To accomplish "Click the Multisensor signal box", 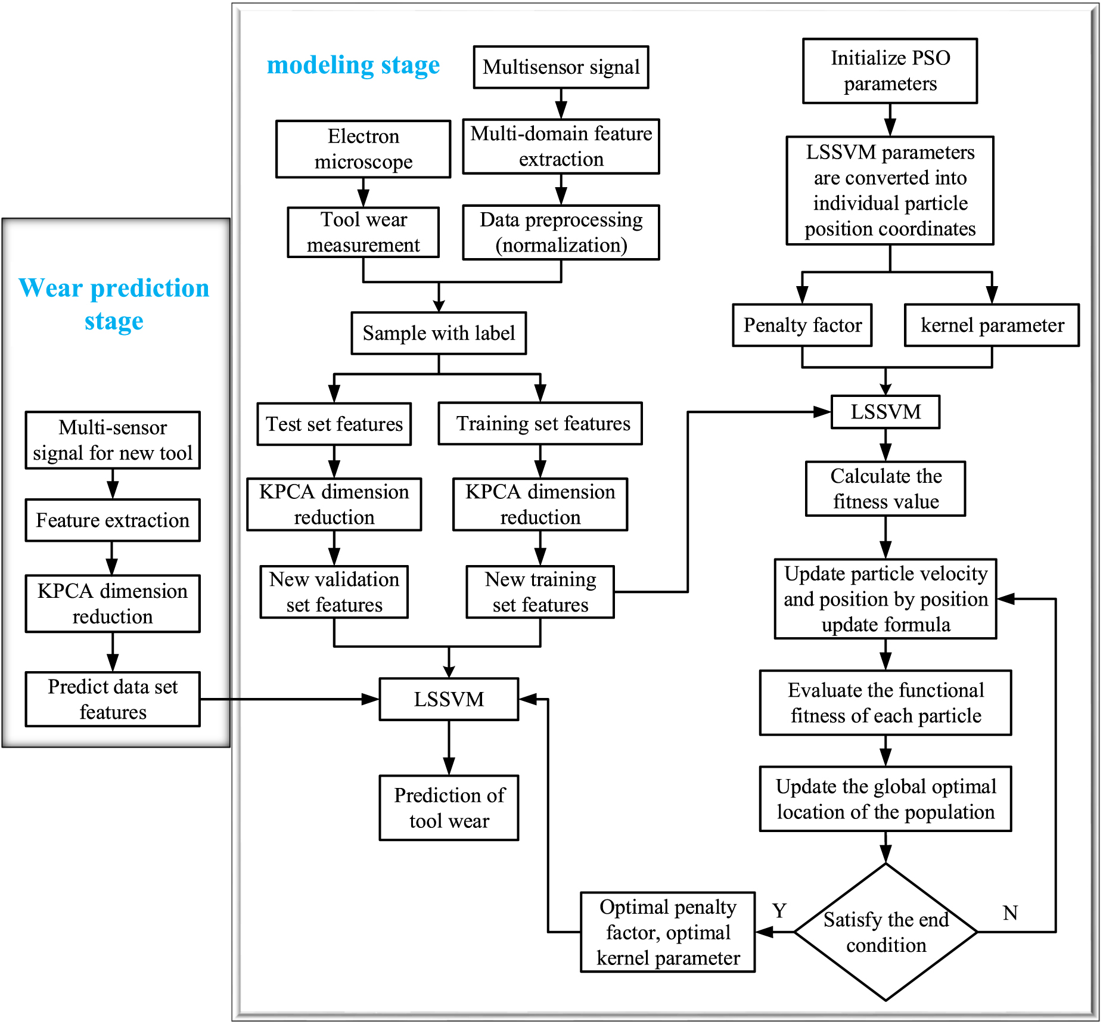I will coord(561,67).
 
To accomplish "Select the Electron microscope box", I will coord(363,149).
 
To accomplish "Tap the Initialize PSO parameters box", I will coord(890,71).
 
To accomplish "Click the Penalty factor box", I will coord(802,325).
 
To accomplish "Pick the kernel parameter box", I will coord(992,325).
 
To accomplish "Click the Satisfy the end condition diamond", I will coord(885,932).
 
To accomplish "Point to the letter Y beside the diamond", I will coord(779,911).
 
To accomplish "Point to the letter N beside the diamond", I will coord(1010,913).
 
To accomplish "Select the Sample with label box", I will coord(439,333).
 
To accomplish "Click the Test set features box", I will coord(334,424).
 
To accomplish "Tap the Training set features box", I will coord(540,423).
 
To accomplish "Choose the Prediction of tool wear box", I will coord(449,808).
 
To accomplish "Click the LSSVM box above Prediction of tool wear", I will coord(449,699).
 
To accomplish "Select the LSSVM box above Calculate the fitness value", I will coord(885,412).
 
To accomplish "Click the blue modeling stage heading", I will coord(353,65).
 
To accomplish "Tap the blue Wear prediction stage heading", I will coord(114,304).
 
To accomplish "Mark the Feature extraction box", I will coord(113,520).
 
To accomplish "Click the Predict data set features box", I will coord(113,699).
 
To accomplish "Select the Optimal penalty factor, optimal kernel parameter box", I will coord(667,932).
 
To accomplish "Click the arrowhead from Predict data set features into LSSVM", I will coord(371,699).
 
